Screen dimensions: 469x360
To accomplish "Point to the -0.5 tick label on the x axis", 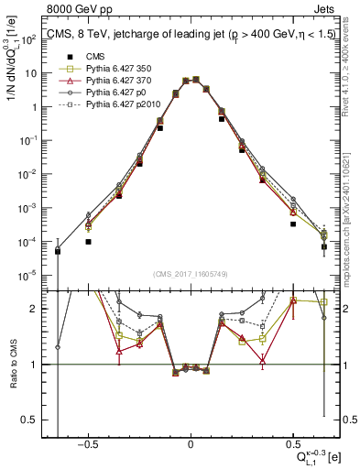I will coord(86,442).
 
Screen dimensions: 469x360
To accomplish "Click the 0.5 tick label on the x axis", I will coord(292,442).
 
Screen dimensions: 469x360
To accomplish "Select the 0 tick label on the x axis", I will coord(191,442).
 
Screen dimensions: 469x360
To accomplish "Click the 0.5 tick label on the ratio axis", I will coord(29,420).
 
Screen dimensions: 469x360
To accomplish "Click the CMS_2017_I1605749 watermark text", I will coord(191,275).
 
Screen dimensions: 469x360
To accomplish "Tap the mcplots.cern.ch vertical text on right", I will coord(353,202).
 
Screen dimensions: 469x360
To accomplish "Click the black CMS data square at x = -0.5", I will coord(88,242).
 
